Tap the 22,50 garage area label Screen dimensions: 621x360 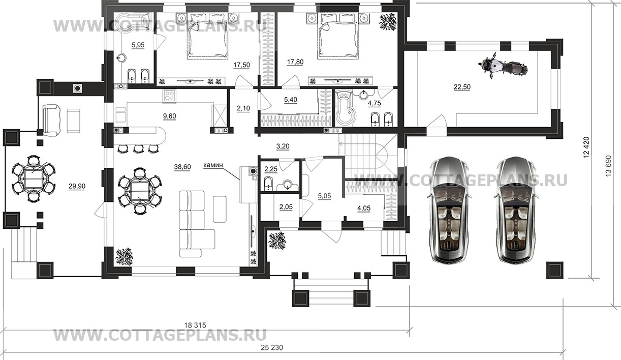(462, 87)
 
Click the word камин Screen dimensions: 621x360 (213, 165)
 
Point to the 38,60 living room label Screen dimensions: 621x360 (182, 167)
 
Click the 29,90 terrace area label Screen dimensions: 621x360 (77, 186)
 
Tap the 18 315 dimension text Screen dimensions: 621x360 (195, 325)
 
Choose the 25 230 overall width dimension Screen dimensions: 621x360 (272, 347)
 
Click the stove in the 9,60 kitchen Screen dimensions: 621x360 (169, 96)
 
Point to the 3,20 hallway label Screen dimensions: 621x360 (283, 146)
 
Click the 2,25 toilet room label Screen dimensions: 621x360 (270, 169)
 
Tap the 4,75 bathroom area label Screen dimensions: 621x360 (374, 103)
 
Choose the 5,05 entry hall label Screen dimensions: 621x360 (324, 196)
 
